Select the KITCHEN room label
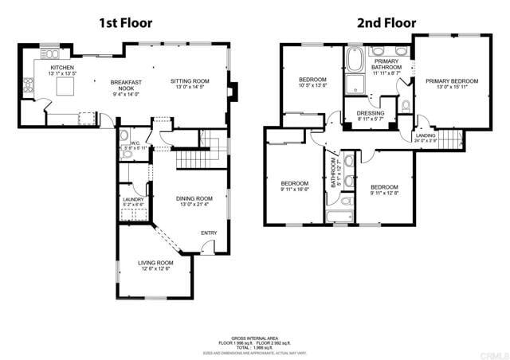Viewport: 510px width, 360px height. point(63,68)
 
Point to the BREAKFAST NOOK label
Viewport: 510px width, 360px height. point(126,86)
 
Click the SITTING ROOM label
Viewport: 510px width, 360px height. point(190,81)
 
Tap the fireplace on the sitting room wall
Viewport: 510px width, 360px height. point(231,92)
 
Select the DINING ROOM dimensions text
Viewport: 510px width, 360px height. point(194,205)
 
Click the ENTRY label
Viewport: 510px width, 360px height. point(208,233)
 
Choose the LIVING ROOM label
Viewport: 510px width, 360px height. point(155,263)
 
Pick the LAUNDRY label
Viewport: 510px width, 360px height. point(132,200)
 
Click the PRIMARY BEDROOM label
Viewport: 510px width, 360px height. point(451,81)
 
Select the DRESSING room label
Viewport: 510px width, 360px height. point(371,113)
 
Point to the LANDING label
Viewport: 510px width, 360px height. point(426,136)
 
